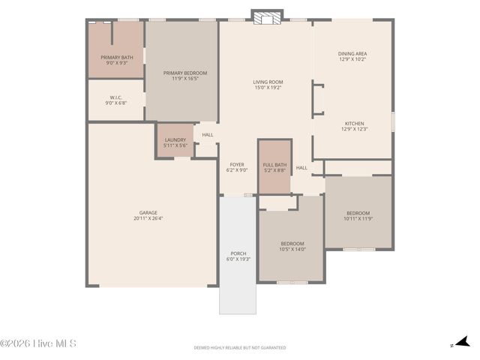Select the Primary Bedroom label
185,75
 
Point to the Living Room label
267,84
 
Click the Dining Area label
352,56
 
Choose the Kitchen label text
354,126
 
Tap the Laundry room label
175,142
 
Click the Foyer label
237,166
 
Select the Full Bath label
274,167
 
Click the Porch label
238,256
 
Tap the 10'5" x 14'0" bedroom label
292,245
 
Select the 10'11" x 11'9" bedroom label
358,216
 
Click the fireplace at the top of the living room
266,16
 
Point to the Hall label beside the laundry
207,135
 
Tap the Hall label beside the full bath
301,168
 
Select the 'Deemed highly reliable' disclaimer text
239,347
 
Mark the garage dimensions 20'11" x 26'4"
148,219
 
